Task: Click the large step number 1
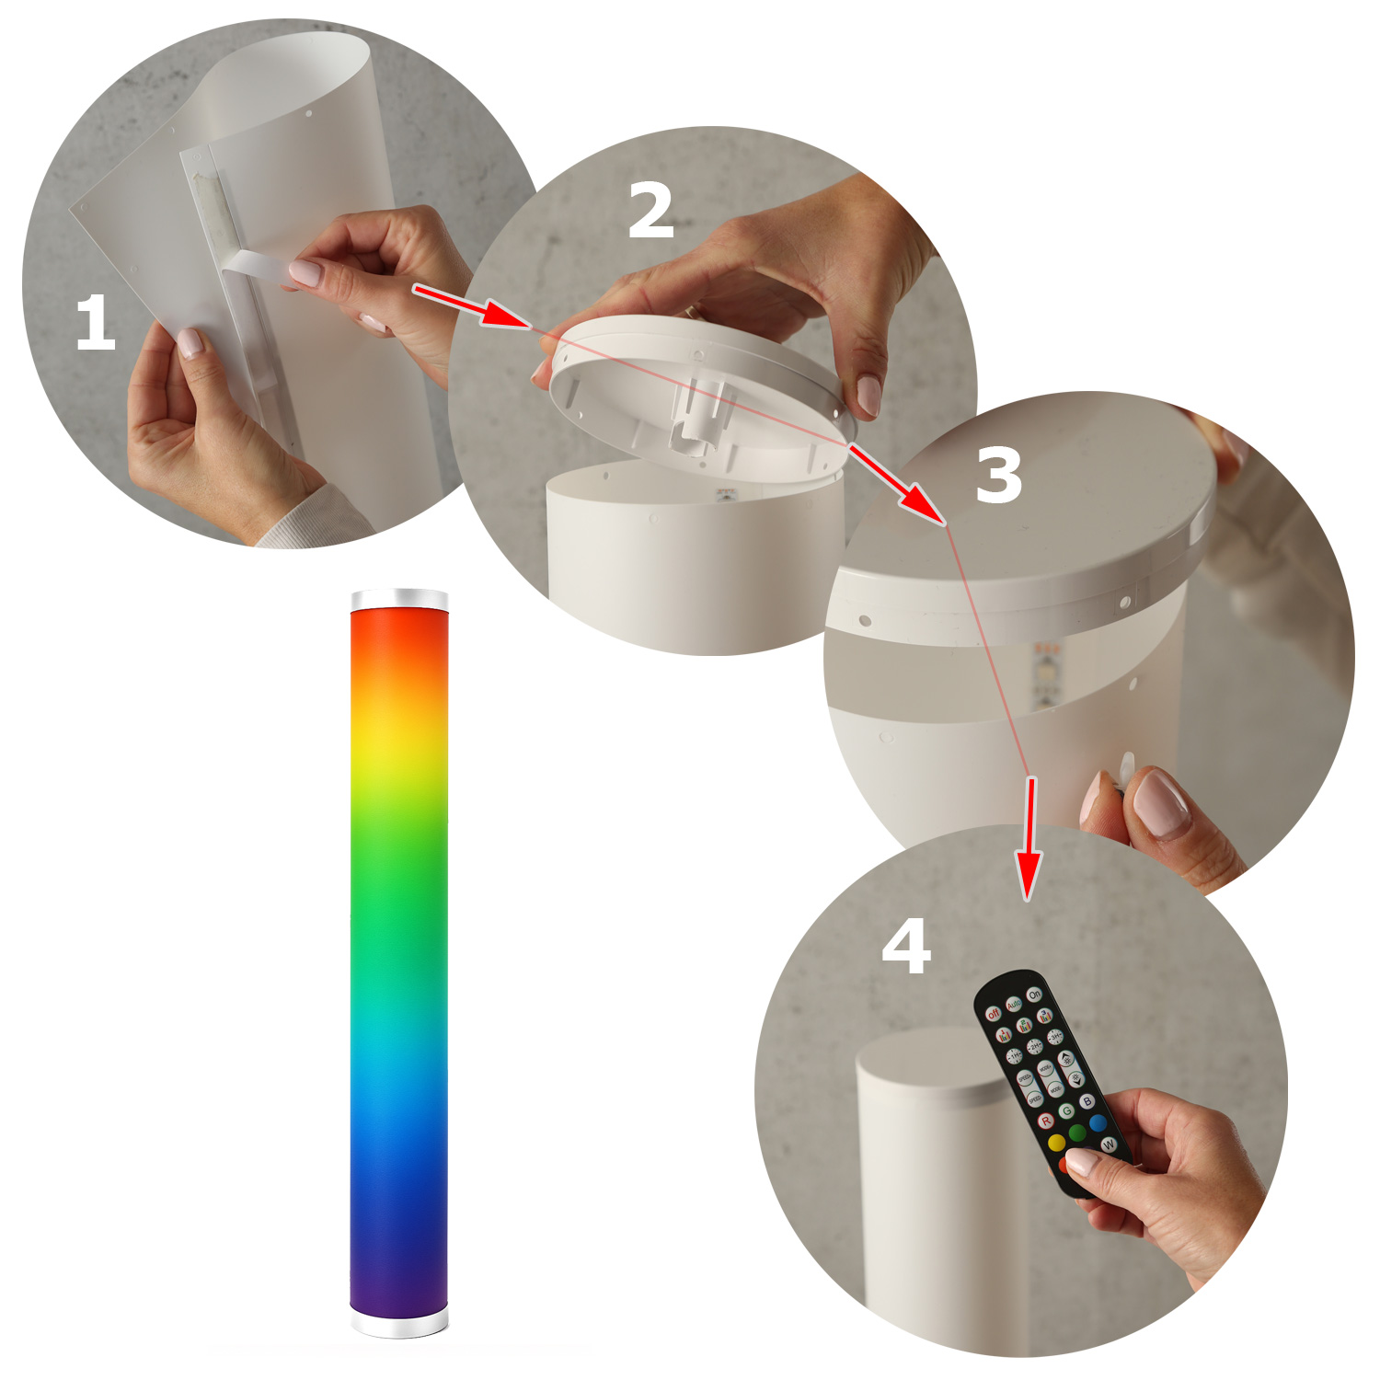[x=95, y=323]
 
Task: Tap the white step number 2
[x=651, y=211]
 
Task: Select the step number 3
[x=999, y=475]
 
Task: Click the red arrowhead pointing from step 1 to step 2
[x=505, y=316]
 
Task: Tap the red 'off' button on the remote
[x=994, y=1014]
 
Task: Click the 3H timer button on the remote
[x=1055, y=1038]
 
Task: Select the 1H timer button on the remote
[x=1015, y=1056]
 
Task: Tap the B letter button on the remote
[x=1087, y=1101]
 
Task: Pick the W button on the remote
[x=1109, y=1144]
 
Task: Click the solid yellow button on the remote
[x=1057, y=1142]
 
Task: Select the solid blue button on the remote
[x=1098, y=1123]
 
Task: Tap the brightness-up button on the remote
[x=1066, y=1059]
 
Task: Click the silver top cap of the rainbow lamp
[x=399, y=600]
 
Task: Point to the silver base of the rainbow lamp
[x=399, y=1322]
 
